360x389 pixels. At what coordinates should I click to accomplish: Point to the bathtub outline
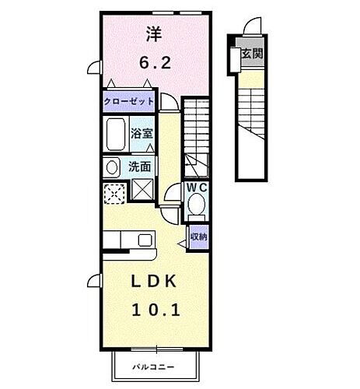117,135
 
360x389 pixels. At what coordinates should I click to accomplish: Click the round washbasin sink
111,166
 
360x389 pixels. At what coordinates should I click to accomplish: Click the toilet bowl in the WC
197,206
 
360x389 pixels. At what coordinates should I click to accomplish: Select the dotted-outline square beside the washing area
114,190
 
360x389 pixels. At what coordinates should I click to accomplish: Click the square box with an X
142,189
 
